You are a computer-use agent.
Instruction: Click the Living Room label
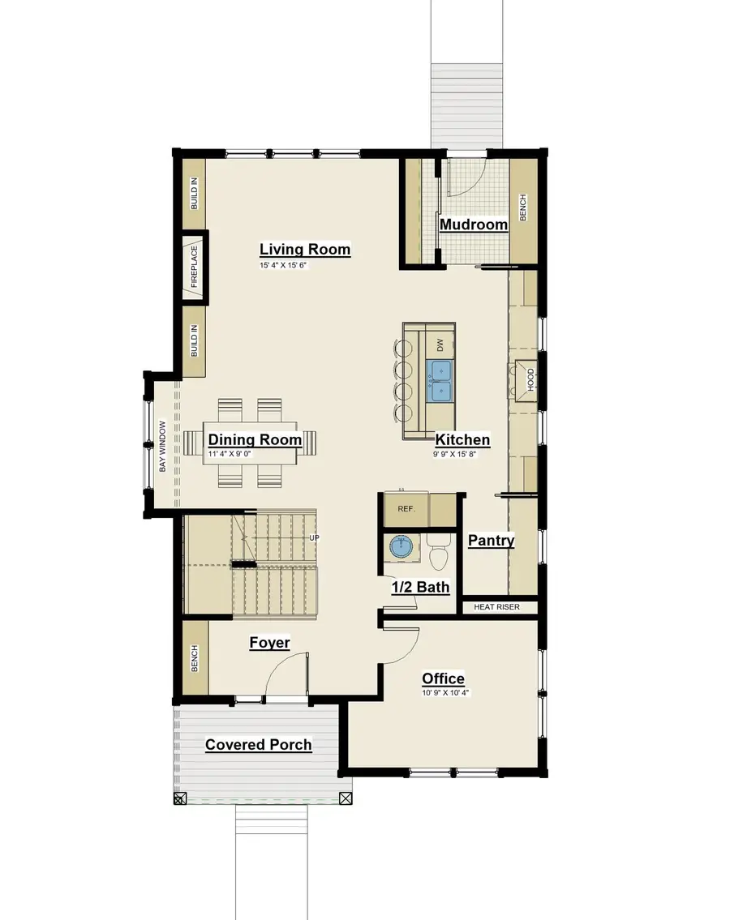tap(305, 249)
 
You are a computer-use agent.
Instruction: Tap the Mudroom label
tap(474, 225)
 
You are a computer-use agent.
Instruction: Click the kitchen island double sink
tap(440, 382)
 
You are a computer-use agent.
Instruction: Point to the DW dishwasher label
tap(440, 344)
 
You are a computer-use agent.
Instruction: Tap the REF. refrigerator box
tap(406, 509)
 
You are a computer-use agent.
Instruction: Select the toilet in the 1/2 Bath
tap(438, 555)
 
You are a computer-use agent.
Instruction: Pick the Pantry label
tap(492, 540)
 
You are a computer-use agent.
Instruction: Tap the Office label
tap(443, 678)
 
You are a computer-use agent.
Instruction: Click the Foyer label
tap(269, 643)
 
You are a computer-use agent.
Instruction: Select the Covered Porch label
tap(258, 744)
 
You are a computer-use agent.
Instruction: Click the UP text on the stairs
tap(313, 537)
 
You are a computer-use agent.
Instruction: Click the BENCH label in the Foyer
tap(195, 657)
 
